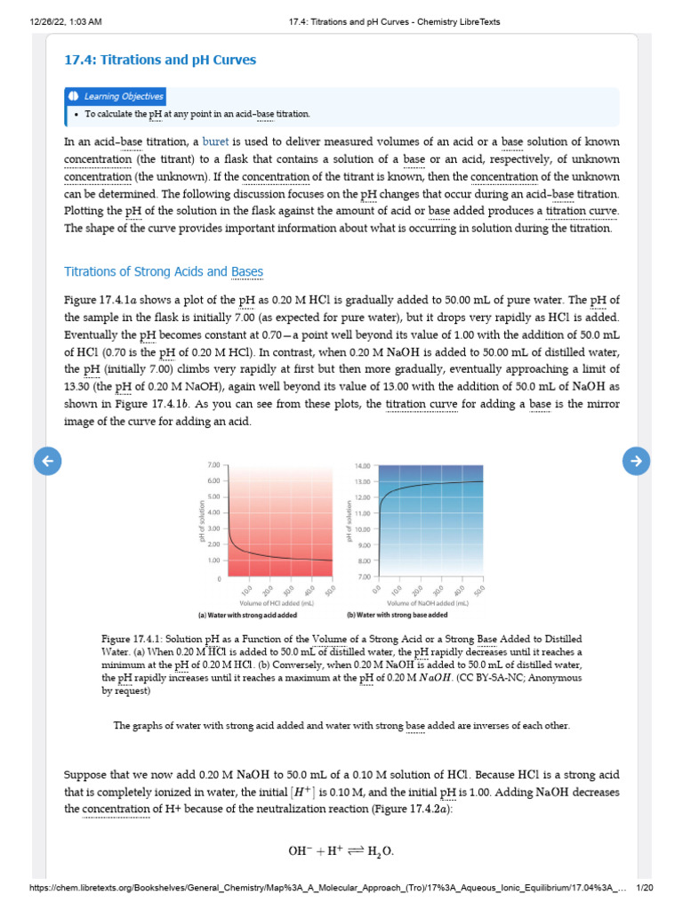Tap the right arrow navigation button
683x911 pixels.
coord(635,460)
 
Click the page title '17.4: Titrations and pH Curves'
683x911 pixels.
coord(160,60)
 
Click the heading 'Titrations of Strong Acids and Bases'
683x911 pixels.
coord(164,271)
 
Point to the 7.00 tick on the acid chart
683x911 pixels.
coord(213,465)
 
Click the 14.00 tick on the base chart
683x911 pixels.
coord(362,466)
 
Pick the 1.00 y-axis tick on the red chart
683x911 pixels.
coord(213,560)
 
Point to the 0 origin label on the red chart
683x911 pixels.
coord(218,579)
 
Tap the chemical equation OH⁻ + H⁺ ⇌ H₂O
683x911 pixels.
coord(341,851)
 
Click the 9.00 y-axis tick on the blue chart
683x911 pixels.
coord(363,545)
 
